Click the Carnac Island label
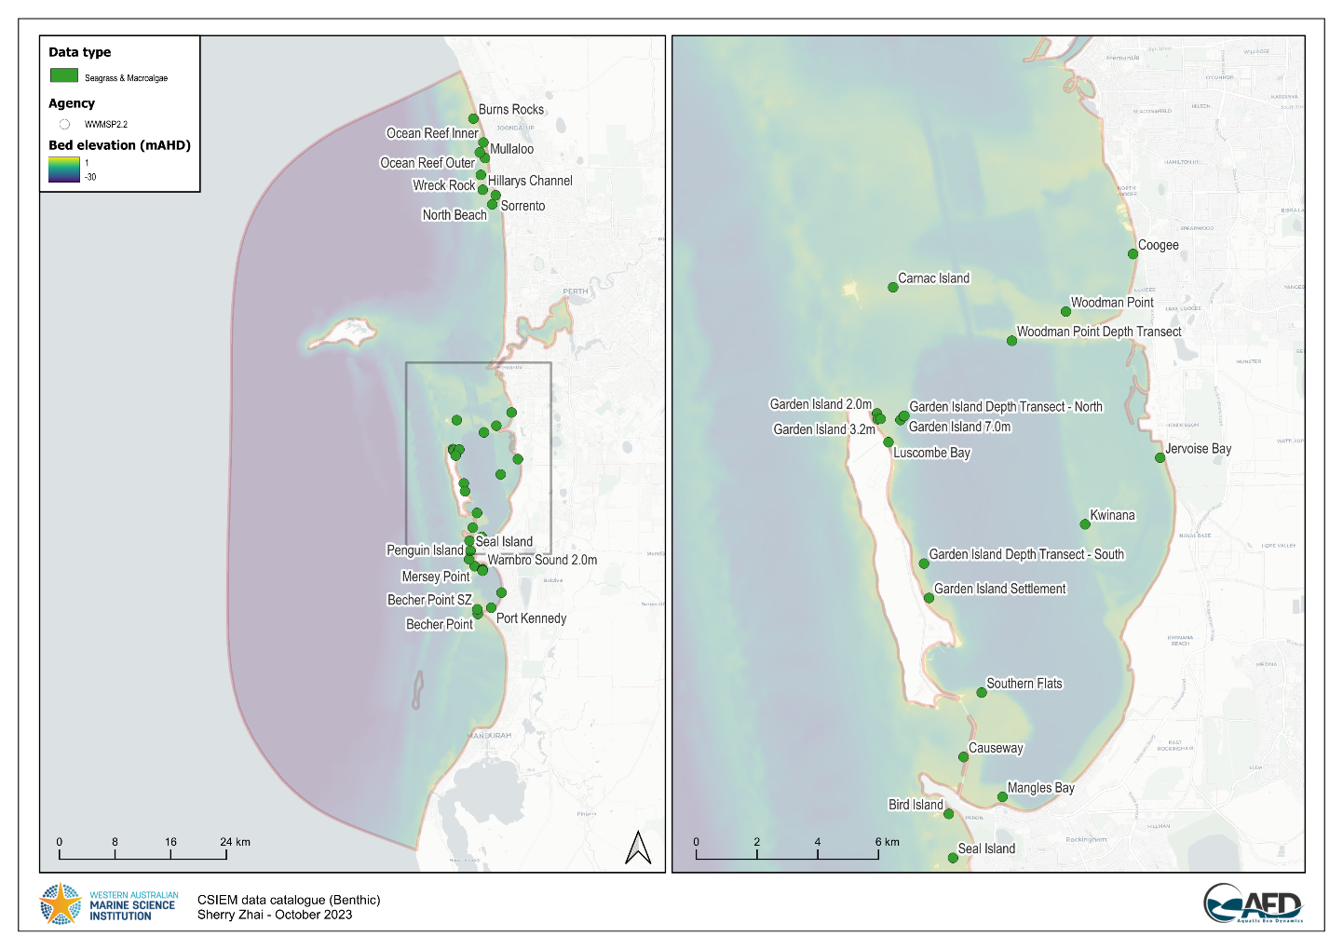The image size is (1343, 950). [x=933, y=278]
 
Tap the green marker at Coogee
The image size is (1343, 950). [x=1133, y=253]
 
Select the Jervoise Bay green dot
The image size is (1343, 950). [x=1160, y=457]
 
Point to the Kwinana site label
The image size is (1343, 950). [x=1112, y=515]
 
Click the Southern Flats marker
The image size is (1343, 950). [x=981, y=692]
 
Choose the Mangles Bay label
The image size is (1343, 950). [x=1040, y=788]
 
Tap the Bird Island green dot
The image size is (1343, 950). [x=948, y=814]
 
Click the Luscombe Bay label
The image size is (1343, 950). [x=931, y=453]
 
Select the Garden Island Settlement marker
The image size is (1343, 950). [x=929, y=598]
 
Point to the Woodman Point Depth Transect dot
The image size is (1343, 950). [x=1011, y=341]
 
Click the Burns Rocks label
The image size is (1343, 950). [x=510, y=110]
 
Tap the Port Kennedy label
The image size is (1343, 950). [x=531, y=618]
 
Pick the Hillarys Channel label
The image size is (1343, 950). [x=530, y=181]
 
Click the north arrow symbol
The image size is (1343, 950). [x=638, y=847]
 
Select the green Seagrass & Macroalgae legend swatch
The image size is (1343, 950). [x=64, y=75]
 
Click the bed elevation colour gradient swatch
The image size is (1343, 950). [x=64, y=170]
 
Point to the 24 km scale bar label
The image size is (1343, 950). [x=235, y=842]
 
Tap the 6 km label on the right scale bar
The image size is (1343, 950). [x=887, y=842]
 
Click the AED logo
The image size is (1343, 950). [x=1253, y=904]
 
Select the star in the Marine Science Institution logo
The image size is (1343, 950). [x=61, y=904]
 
